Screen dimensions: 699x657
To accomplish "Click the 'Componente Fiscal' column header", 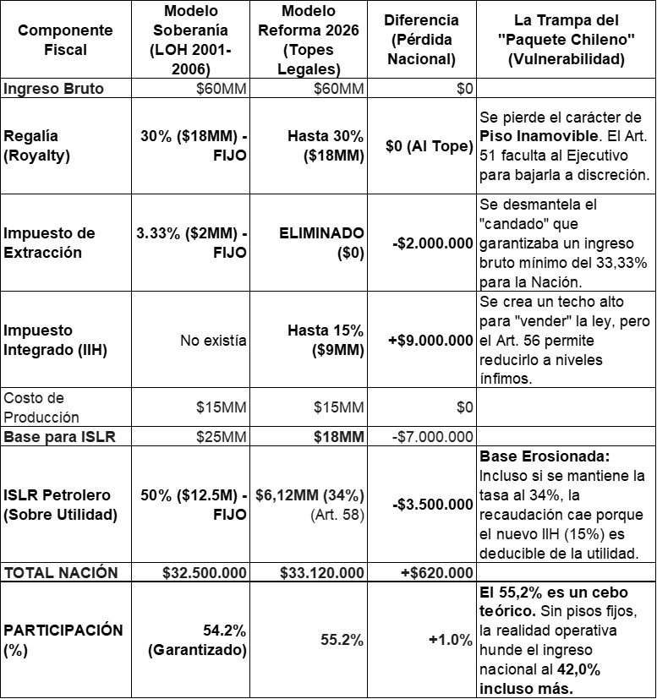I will (x=53, y=40).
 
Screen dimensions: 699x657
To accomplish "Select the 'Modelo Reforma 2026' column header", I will (x=309, y=40).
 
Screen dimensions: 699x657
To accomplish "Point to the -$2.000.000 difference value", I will (x=433, y=243).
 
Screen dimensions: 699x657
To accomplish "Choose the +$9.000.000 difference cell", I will (x=432, y=340).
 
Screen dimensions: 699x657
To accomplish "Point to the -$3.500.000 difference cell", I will (x=433, y=505).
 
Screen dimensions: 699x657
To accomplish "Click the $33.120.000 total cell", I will (x=322, y=572).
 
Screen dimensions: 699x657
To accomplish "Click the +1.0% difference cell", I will (x=451, y=640).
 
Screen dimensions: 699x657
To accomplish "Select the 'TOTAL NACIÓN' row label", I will (x=62, y=572).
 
